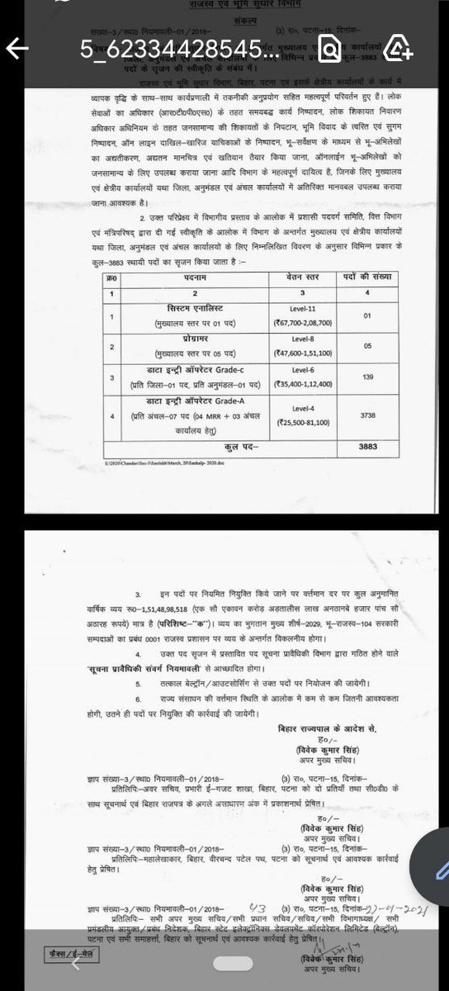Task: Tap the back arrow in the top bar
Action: coord(20,49)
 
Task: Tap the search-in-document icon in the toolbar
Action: coord(328,50)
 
